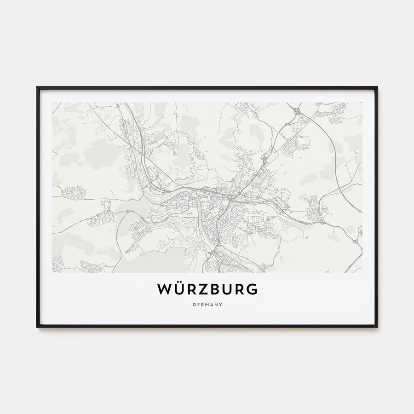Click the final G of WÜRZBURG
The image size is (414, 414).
coord(252,289)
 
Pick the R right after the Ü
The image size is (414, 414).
coord(191,289)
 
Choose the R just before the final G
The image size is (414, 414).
coord(240,289)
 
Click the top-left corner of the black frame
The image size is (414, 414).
coord(37,87)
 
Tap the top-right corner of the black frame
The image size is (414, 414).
coord(377,87)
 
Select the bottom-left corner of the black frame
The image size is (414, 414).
coord(37,327)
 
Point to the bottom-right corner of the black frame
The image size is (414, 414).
coord(377,327)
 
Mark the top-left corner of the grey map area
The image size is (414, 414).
coord(52,103)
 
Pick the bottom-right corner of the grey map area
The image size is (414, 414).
coord(362,272)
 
